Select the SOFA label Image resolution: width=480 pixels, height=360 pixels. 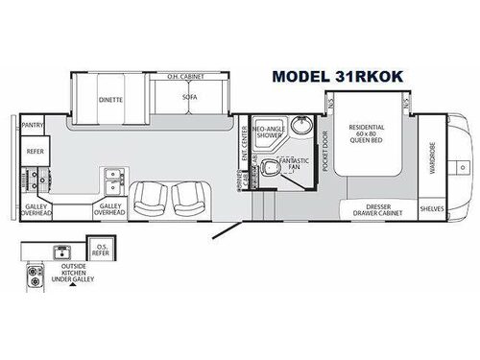188,97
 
